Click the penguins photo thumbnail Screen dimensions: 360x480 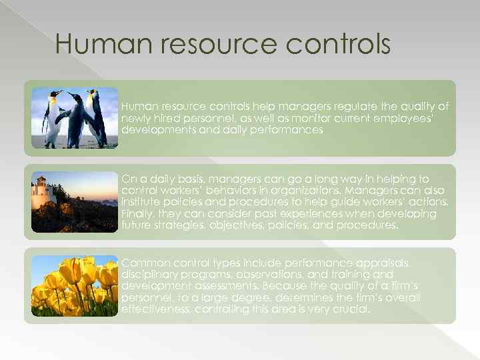click(74, 118)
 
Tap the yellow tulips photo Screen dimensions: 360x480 click(74, 285)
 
